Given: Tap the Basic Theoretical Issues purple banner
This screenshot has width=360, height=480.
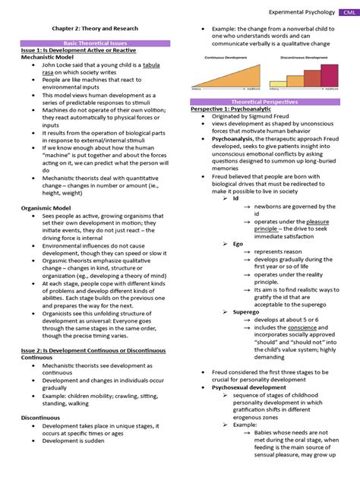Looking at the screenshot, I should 95,44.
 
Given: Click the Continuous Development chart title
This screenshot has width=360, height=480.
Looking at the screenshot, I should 227,55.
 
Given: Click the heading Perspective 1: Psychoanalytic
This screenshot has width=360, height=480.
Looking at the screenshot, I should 231,109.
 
